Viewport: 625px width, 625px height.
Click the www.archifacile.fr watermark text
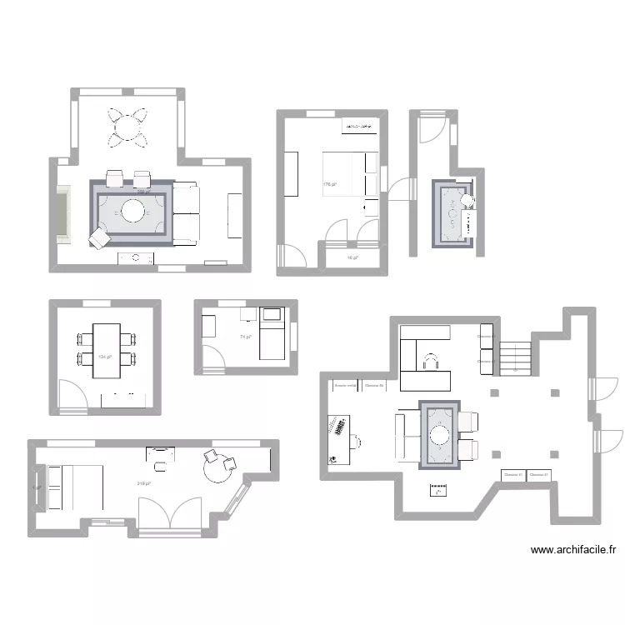(x=573, y=550)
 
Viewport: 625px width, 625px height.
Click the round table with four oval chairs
(x=128, y=128)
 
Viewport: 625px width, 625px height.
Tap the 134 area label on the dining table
(x=103, y=357)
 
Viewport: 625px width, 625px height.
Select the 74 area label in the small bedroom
(x=246, y=337)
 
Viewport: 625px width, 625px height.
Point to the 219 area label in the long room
(x=142, y=483)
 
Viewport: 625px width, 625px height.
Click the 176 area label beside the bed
(x=330, y=184)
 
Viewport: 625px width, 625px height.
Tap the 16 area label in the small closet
(x=352, y=257)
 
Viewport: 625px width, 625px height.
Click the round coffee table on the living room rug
(x=133, y=210)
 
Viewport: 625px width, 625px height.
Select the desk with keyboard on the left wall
(x=338, y=438)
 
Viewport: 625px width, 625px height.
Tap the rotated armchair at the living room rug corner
(x=99, y=238)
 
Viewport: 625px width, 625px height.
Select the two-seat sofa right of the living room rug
(x=187, y=212)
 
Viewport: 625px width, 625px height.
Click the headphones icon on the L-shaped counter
(x=432, y=360)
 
